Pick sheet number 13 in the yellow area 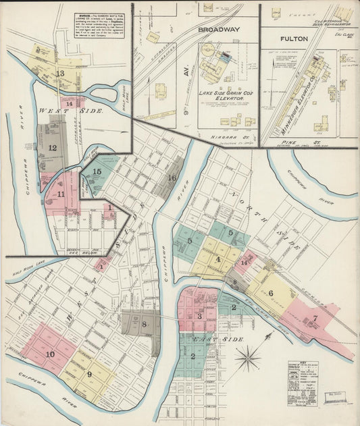tap(60, 73)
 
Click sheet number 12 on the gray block tap(52, 147)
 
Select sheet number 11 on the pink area tap(61, 194)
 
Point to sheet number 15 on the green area tap(97, 172)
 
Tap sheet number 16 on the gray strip tap(172, 178)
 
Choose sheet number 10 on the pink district tap(50, 354)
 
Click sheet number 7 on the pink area tap(314, 318)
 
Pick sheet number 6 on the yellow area tap(270, 293)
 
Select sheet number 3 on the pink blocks tap(200, 316)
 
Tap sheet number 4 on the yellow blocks tap(217, 259)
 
